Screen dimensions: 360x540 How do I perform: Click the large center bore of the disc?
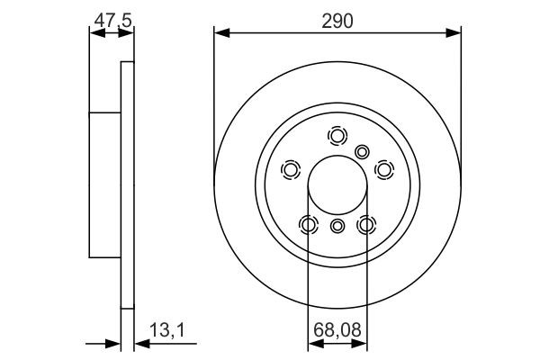[337, 187]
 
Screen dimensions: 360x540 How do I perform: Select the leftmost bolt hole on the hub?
[291, 169]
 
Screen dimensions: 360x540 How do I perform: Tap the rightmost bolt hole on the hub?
[384, 169]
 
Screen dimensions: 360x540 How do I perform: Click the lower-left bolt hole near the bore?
[309, 224]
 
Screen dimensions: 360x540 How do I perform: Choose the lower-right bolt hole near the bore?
[366, 224]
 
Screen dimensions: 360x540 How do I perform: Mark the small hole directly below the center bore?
[337, 226]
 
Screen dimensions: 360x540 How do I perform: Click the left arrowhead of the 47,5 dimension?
[94, 33]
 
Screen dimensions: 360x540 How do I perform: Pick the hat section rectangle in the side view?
[104, 184]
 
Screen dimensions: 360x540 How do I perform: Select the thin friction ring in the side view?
[127, 184]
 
